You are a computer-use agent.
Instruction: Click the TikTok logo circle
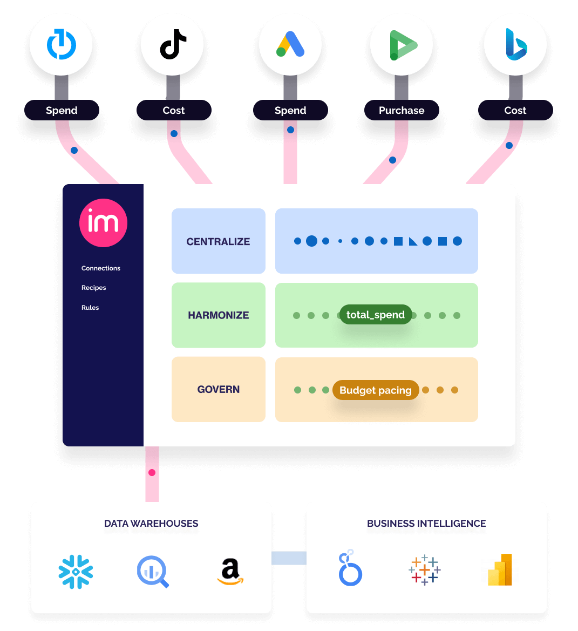click(172, 44)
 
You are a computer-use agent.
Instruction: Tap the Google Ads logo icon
click(290, 44)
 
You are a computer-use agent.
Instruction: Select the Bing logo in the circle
click(515, 44)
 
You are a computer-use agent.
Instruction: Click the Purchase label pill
click(402, 110)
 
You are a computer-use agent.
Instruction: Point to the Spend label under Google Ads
click(290, 110)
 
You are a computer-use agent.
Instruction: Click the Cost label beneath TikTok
click(174, 110)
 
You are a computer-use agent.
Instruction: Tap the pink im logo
click(103, 223)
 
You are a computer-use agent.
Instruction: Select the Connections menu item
click(101, 268)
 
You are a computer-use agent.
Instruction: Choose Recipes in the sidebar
click(94, 288)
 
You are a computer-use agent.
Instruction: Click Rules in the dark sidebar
click(90, 308)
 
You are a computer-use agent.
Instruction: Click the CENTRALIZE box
click(219, 241)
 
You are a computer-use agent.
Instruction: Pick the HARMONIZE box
click(219, 315)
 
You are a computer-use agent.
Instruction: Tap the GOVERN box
click(219, 389)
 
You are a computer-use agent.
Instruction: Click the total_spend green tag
click(376, 315)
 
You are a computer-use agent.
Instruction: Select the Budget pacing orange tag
click(376, 390)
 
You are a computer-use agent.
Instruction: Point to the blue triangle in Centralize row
click(413, 242)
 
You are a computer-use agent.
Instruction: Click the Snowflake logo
click(76, 571)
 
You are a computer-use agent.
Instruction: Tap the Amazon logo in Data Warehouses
click(230, 572)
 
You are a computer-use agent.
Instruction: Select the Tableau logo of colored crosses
click(425, 569)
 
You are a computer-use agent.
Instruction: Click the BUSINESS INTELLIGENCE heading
click(426, 524)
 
